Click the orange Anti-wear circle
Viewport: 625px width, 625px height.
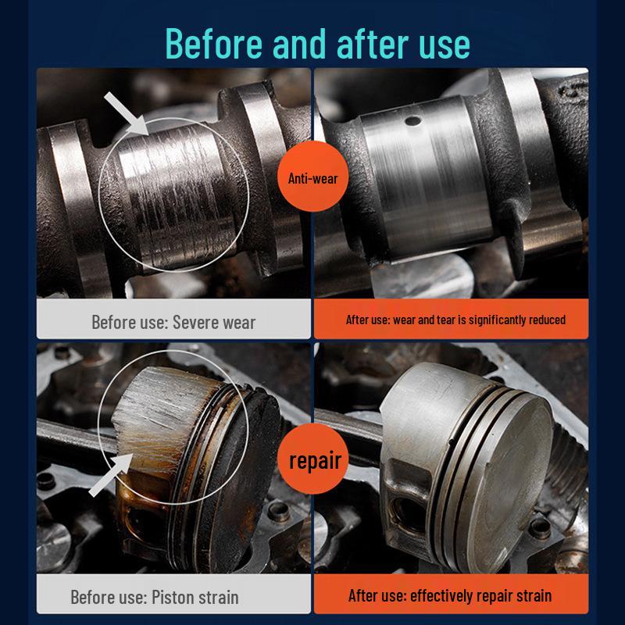pyautogui.click(x=312, y=179)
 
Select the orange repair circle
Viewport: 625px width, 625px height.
pyautogui.click(x=314, y=460)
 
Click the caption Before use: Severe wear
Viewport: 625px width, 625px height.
pyautogui.click(x=173, y=321)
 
